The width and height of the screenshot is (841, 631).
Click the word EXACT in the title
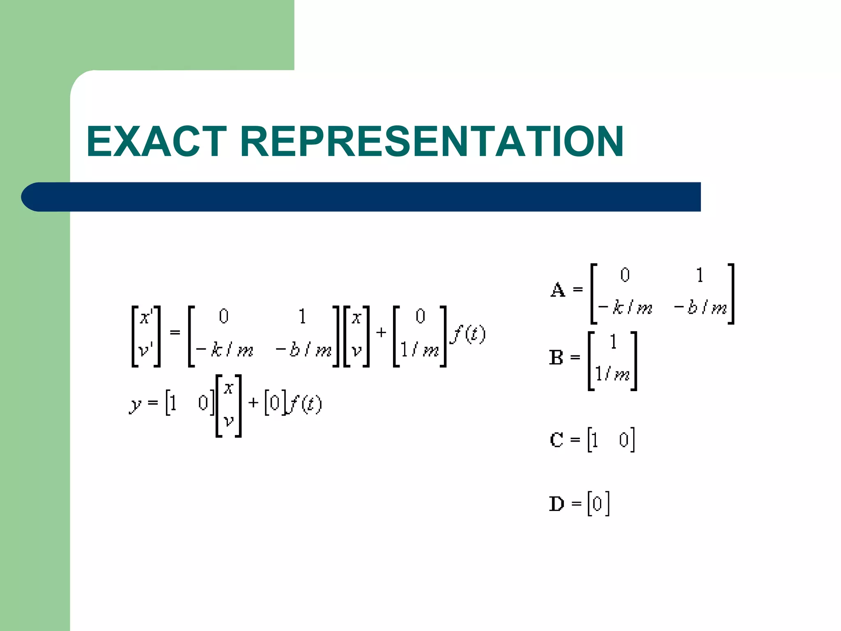click(x=156, y=141)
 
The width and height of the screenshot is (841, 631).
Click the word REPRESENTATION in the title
click(x=432, y=141)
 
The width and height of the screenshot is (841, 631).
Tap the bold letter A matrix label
click(x=558, y=290)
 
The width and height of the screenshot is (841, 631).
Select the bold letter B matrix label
click(x=556, y=357)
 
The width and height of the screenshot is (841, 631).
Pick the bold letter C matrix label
click(x=556, y=440)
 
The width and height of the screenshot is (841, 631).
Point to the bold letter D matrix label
click(x=557, y=504)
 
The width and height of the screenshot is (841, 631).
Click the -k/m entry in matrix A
click(x=625, y=308)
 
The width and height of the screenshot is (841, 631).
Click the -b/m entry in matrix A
click(x=701, y=308)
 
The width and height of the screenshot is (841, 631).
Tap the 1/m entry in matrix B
click(x=612, y=374)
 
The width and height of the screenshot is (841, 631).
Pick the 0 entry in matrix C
click(x=624, y=440)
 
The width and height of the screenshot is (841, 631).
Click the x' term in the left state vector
click(x=146, y=317)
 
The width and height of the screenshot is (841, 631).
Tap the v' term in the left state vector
click(x=146, y=350)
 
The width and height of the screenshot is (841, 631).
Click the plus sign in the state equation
click(x=381, y=332)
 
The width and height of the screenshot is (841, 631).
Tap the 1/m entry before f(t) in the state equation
click(x=420, y=350)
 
